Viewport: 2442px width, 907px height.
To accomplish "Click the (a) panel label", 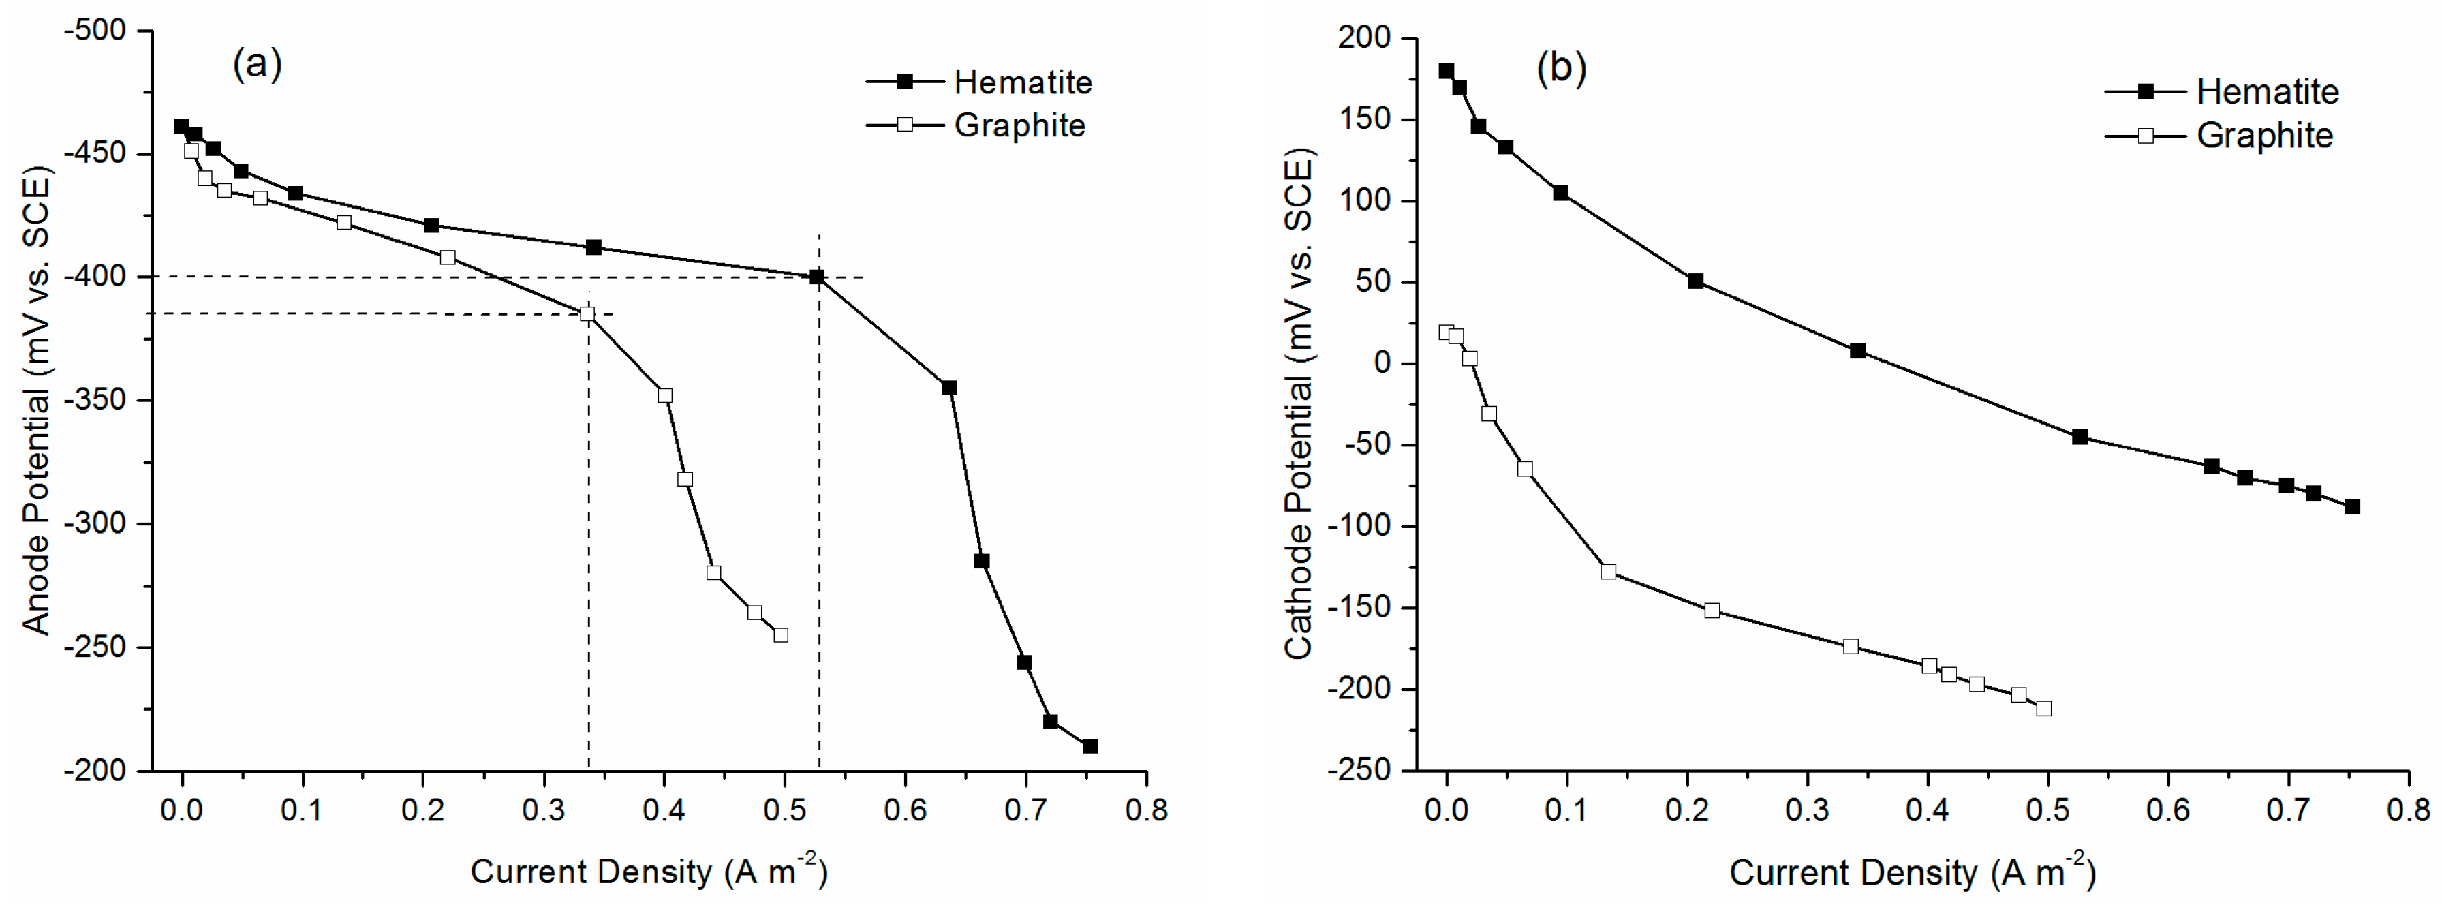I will pos(257,65).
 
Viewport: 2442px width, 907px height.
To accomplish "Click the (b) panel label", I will pos(1561,68).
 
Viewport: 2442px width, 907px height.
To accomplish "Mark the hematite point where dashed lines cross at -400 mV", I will pos(817,277).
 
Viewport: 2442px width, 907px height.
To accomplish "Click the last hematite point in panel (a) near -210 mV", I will pos(1090,746).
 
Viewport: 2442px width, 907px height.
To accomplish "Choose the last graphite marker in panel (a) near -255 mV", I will pos(781,635).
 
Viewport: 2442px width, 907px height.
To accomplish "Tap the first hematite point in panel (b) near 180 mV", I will pos(1446,71).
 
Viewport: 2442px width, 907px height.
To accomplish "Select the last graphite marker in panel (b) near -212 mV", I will pos(2044,708).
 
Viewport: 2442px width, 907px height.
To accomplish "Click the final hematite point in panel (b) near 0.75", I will pos(2352,507).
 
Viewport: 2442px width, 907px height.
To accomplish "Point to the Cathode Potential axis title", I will pos(1299,403).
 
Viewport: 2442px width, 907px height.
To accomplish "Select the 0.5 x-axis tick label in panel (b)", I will pos(2049,810).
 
